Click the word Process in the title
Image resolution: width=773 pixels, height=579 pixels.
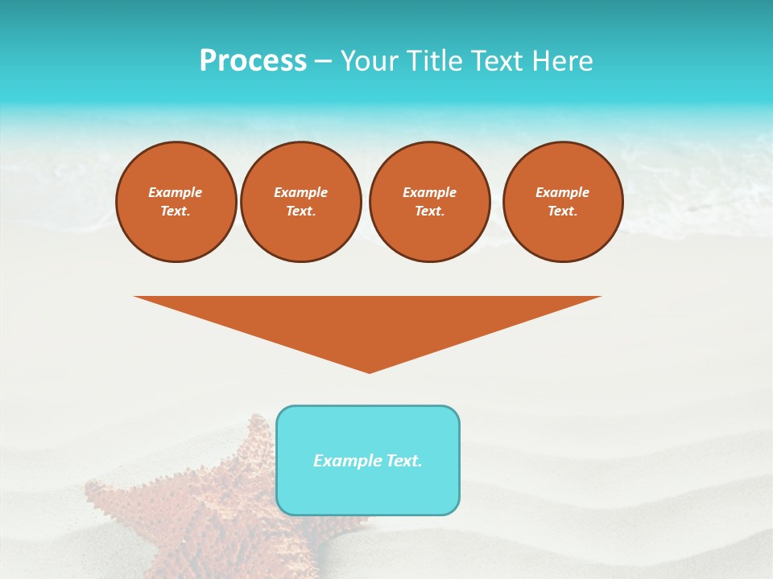coord(253,61)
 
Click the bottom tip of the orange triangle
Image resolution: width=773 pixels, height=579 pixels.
coord(369,371)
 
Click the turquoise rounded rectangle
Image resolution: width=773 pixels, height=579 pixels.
coord(368,491)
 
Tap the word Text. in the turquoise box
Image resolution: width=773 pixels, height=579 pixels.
coord(403,461)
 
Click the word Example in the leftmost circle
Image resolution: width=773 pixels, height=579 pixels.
coord(176,193)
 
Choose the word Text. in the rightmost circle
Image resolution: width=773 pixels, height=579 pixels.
coord(563,211)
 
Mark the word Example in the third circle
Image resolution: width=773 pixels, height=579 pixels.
coord(430,193)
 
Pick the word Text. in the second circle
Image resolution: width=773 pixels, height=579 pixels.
coord(301,211)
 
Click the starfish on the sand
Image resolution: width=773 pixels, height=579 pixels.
coord(201,507)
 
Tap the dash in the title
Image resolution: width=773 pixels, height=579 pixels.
coord(324,61)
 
